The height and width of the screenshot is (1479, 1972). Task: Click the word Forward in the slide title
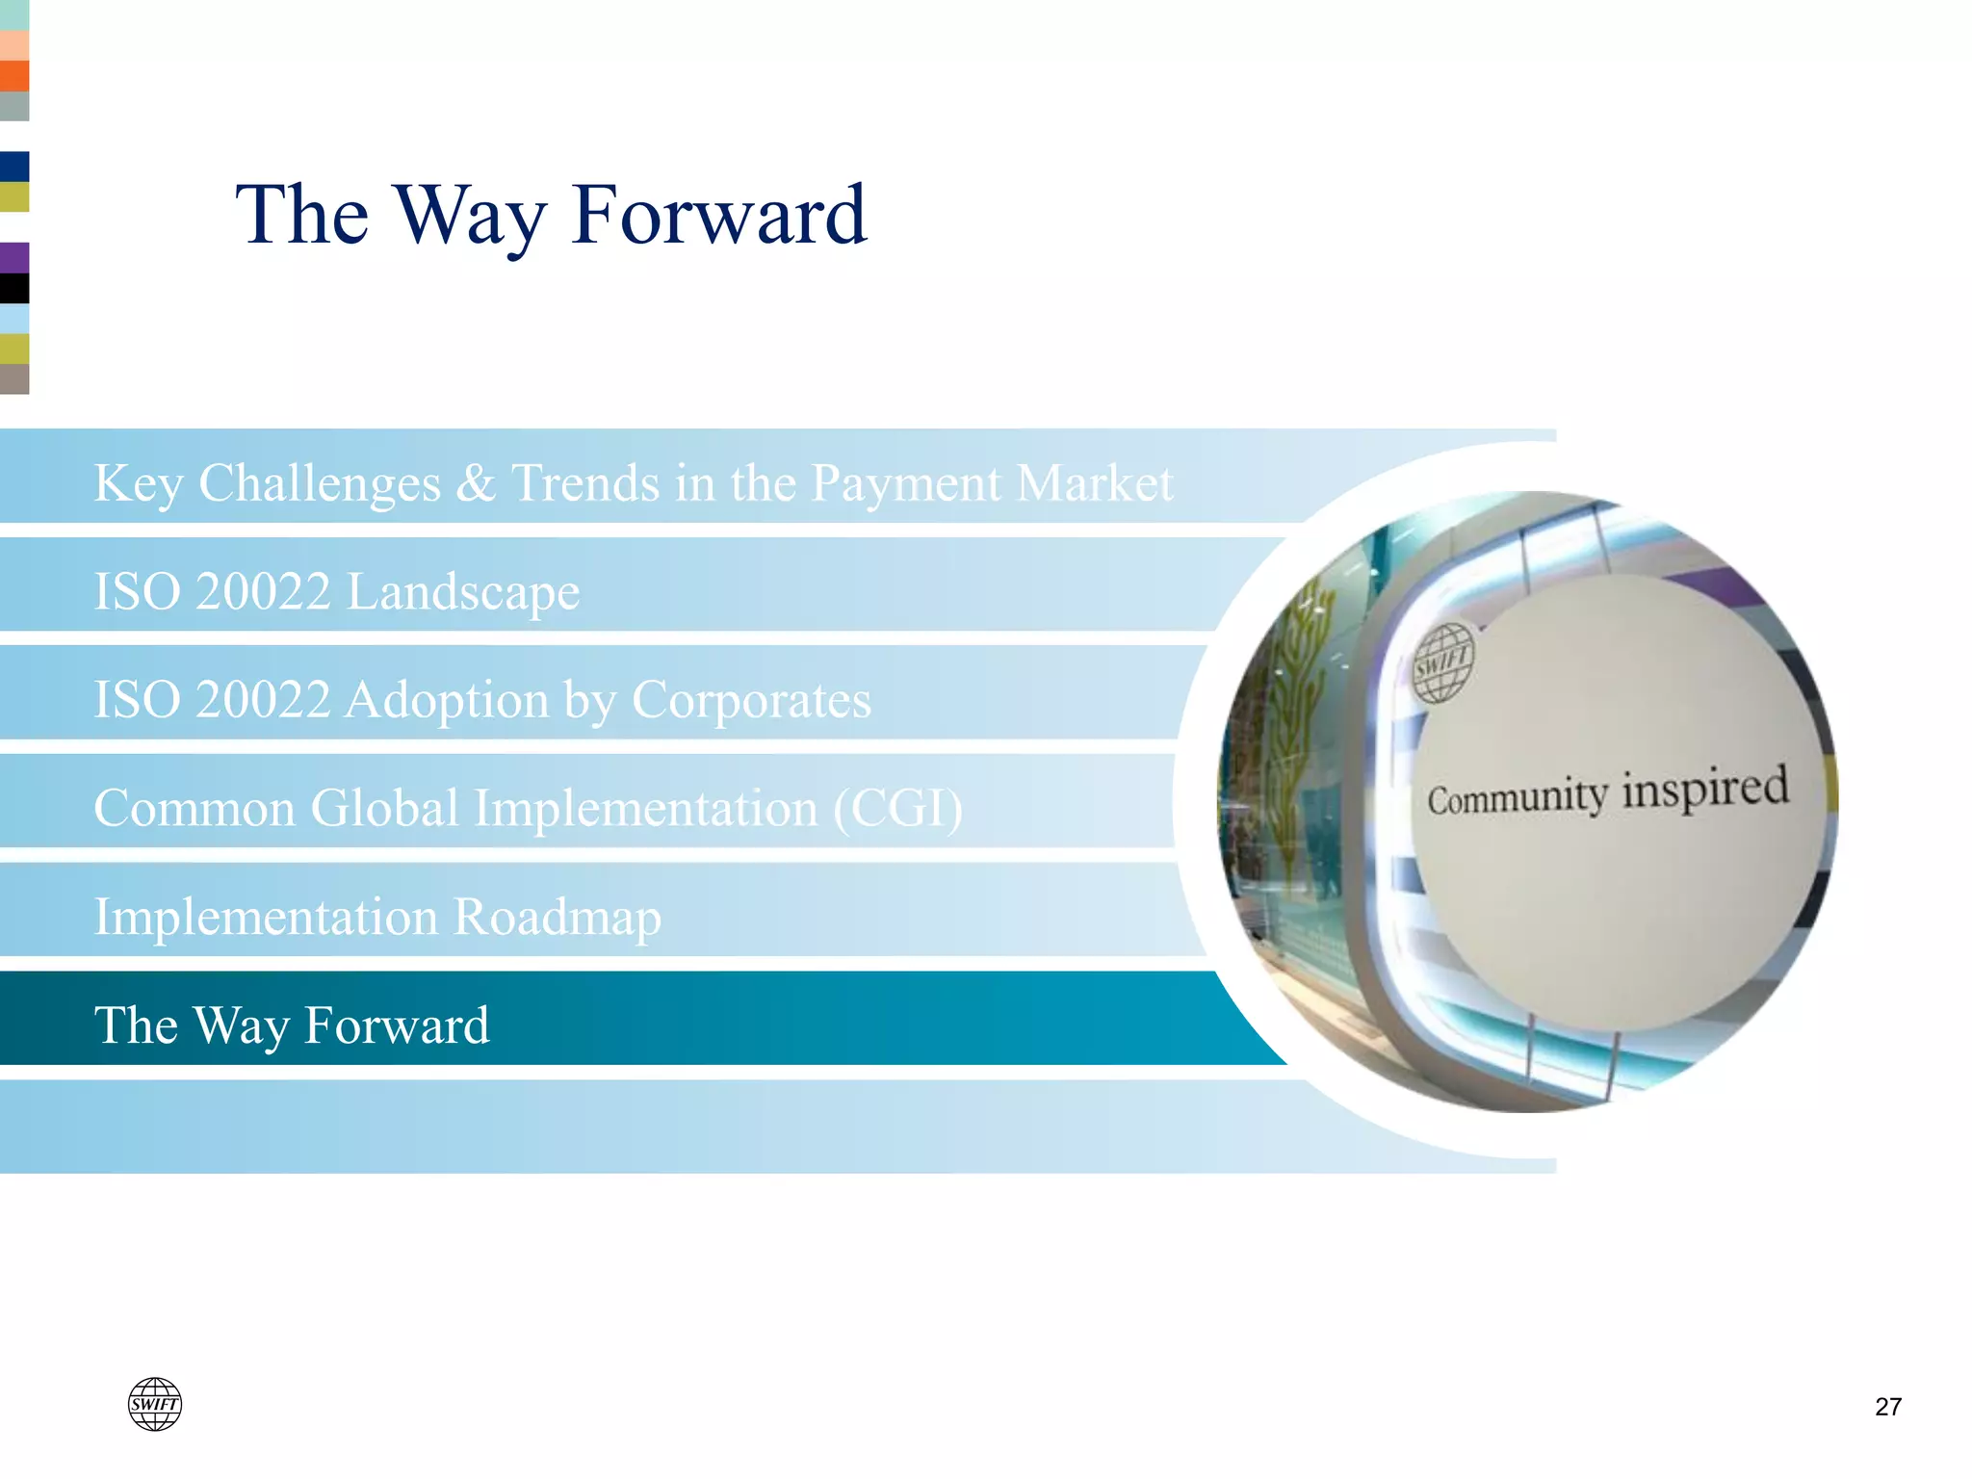click(718, 216)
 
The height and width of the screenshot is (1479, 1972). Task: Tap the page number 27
click(1888, 1407)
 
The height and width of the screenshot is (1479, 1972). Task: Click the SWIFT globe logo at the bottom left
click(155, 1404)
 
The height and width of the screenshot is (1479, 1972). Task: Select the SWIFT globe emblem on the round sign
click(1443, 662)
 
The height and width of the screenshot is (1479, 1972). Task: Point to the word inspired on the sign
click(1705, 788)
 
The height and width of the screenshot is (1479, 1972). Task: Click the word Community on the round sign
click(1517, 798)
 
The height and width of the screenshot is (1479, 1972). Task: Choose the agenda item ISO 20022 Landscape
click(337, 591)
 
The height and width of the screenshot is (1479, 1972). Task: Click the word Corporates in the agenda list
click(751, 700)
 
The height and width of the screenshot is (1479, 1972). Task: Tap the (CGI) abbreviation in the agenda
click(897, 808)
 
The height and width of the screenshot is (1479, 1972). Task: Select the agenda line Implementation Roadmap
click(377, 917)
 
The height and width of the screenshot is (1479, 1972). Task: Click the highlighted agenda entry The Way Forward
click(292, 1025)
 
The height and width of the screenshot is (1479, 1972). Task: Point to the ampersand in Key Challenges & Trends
click(475, 483)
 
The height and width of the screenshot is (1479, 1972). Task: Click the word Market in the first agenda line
click(1095, 483)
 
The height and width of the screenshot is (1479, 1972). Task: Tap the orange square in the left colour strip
click(14, 76)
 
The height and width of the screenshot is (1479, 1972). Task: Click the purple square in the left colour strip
click(14, 258)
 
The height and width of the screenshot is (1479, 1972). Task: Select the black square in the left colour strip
click(14, 288)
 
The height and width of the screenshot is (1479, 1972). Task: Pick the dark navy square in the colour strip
click(14, 167)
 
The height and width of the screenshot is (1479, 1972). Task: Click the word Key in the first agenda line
click(138, 483)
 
